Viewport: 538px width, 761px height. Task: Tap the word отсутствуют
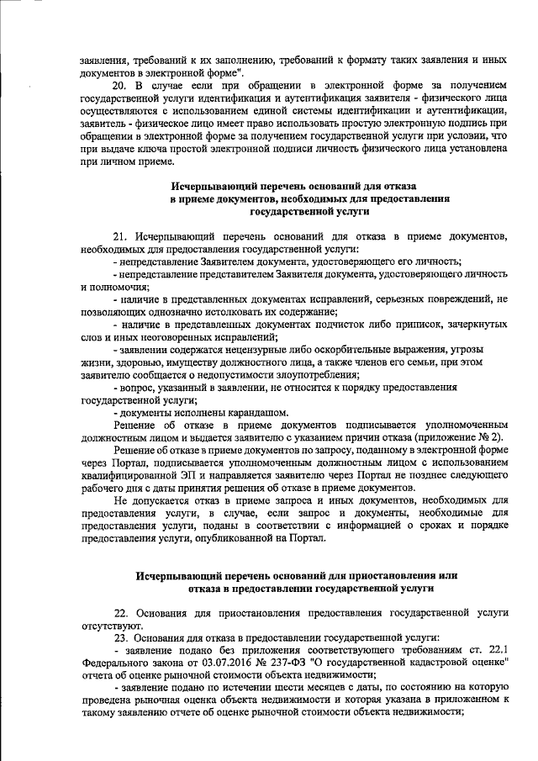point(113,624)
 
